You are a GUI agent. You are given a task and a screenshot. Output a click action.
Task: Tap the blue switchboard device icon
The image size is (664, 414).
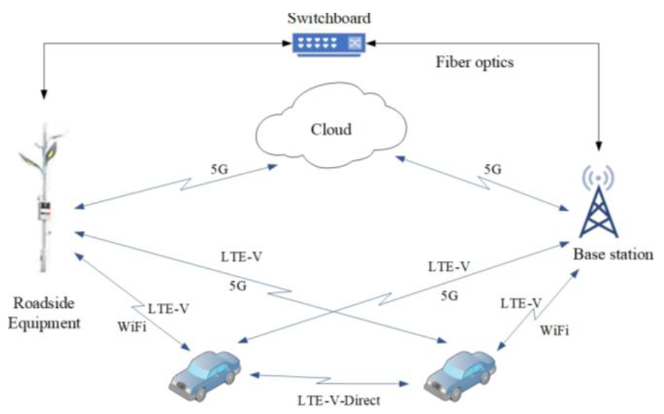pyautogui.click(x=330, y=43)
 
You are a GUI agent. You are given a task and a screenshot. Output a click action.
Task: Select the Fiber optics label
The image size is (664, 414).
pyautogui.click(x=473, y=62)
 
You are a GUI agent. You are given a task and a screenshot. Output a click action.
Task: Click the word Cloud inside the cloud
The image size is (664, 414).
pyautogui.click(x=331, y=130)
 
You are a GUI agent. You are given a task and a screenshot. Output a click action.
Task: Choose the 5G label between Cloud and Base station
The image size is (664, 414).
pyautogui.click(x=492, y=170)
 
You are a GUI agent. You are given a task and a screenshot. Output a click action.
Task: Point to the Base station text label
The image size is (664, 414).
pyautogui.click(x=612, y=255)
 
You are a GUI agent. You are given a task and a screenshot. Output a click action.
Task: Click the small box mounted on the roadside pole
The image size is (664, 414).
pyautogui.click(x=44, y=209)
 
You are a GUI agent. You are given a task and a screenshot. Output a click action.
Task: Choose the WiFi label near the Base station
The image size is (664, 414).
pyautogui.click(x=554, y=330)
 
